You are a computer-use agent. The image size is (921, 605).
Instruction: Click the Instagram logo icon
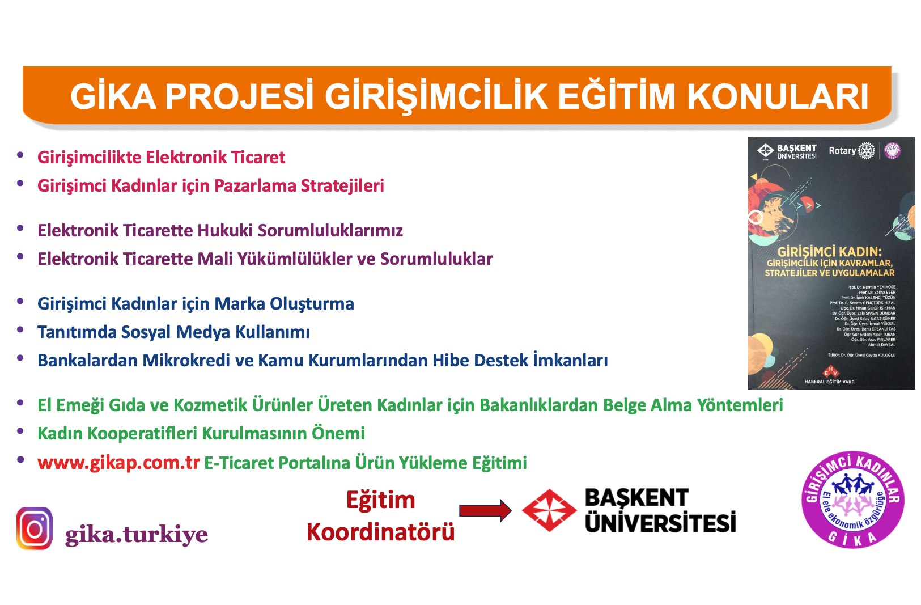coord(35,528)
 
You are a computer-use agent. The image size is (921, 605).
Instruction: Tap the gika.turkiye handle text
coord(137,534)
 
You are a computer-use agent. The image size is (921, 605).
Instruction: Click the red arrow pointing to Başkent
coord(485,510)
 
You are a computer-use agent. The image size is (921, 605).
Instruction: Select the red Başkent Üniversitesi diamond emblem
coord(549,510)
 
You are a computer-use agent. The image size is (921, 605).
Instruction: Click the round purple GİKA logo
coord(853,500)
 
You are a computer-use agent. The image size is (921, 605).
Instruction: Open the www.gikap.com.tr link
coord(118,463)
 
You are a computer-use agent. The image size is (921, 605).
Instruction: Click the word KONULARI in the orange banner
coord(778,96)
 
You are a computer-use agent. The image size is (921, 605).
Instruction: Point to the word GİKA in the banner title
coord(113,96)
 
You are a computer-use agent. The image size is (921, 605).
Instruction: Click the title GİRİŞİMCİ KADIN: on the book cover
coord(829,252)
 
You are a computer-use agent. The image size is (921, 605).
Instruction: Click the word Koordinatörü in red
coord(380,532)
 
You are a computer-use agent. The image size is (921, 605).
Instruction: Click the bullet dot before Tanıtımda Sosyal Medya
coord(20,329)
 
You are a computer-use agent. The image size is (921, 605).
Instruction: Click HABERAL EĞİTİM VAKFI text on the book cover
coord(830,382)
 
